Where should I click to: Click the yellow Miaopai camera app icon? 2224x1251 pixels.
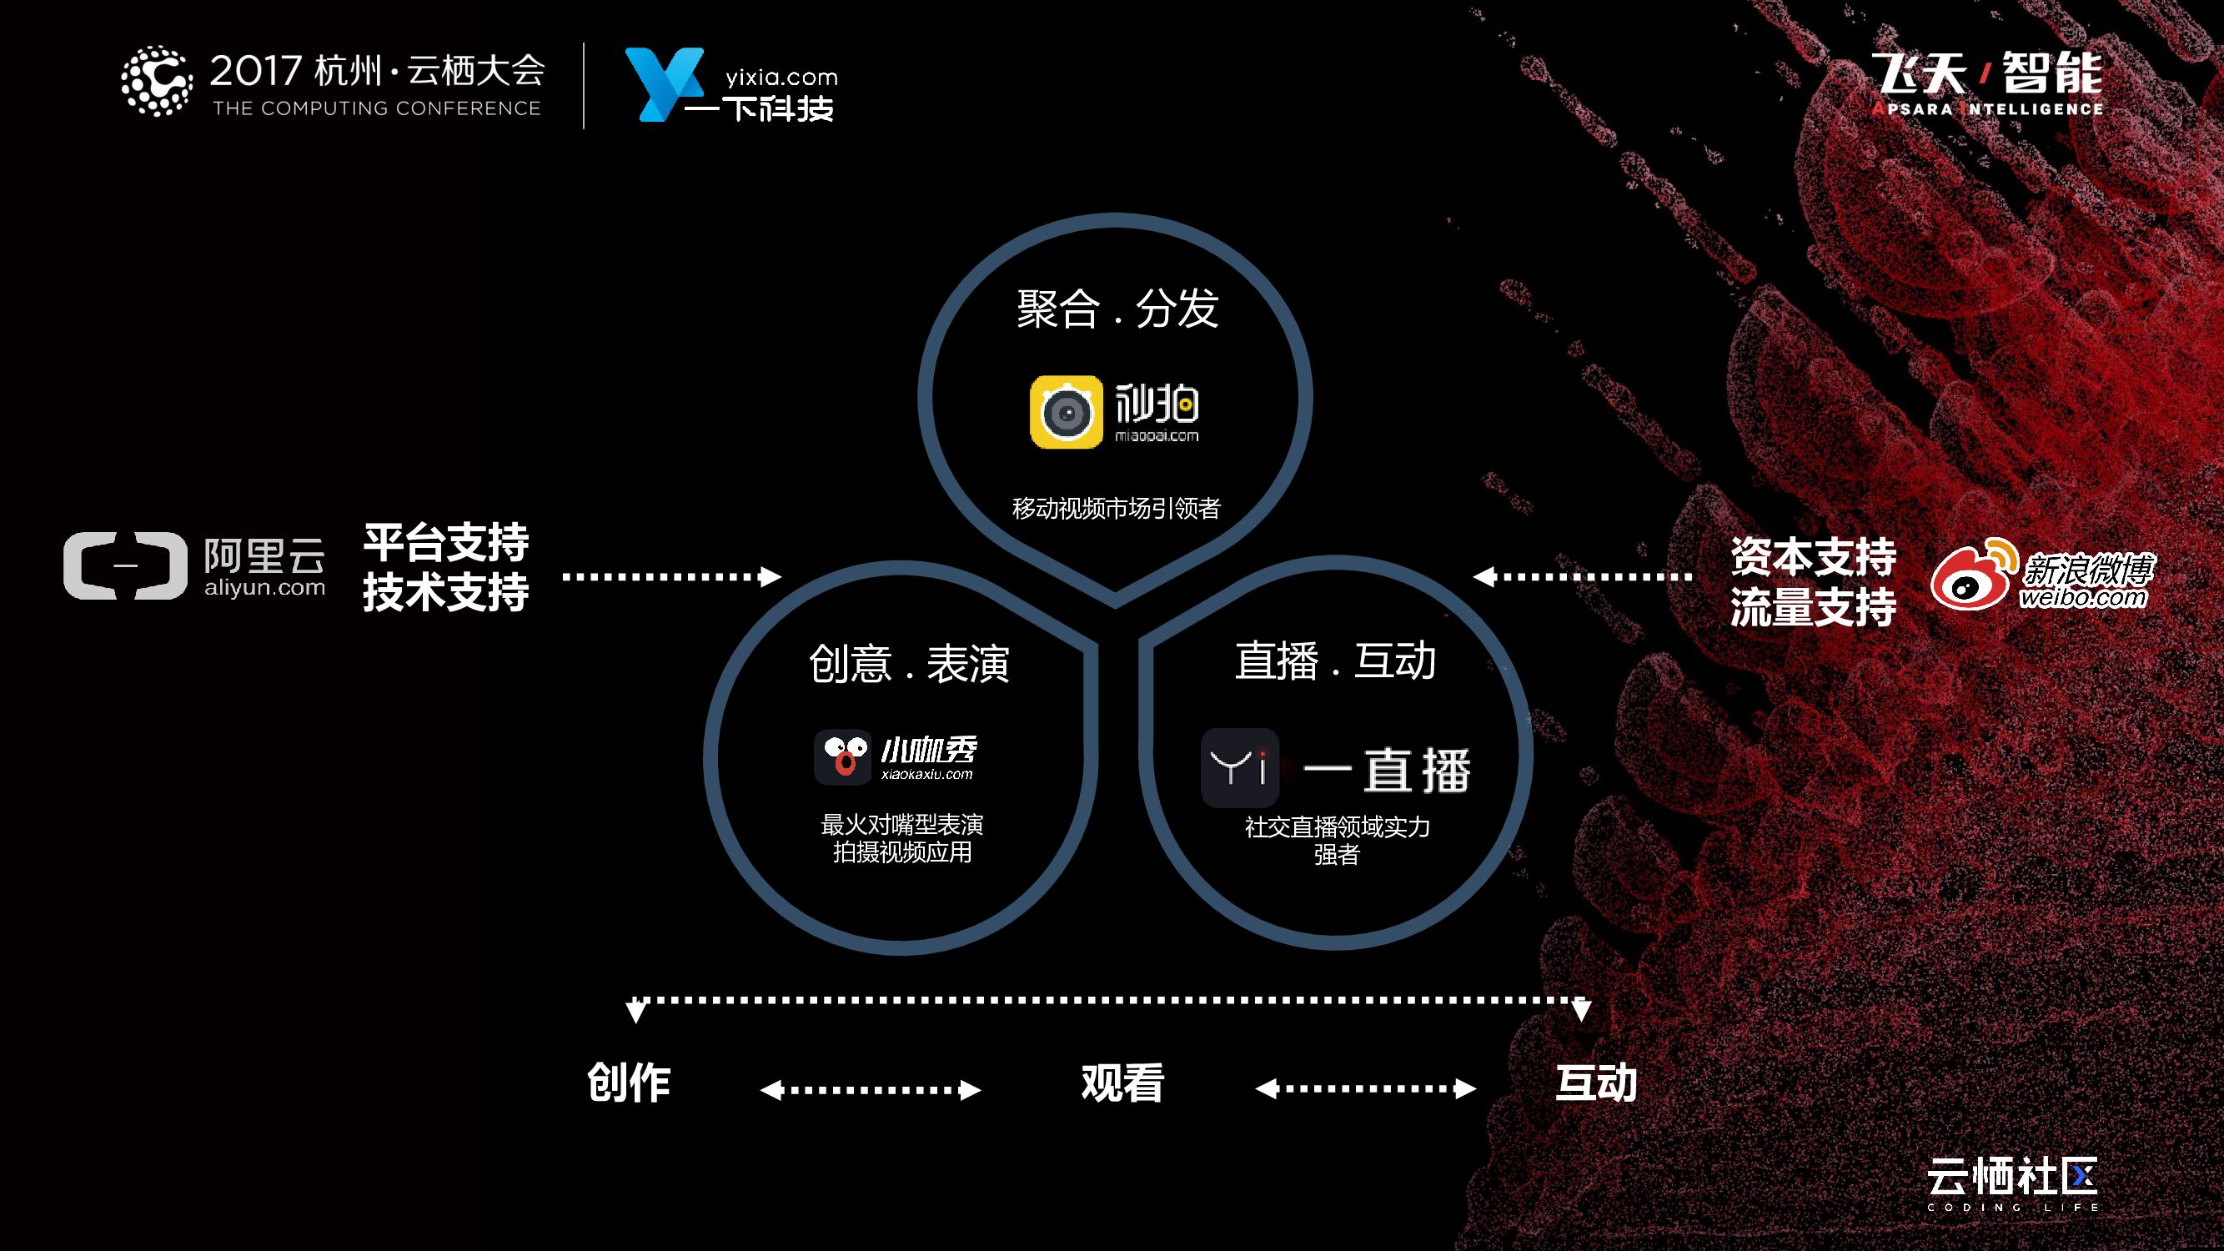[1067, 412]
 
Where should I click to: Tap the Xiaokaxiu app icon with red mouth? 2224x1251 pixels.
[842, 757]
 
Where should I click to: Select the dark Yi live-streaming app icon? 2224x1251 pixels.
[1239, 767]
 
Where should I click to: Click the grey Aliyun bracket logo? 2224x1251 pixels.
[125, 565]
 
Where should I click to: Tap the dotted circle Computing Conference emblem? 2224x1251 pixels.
[156, 81]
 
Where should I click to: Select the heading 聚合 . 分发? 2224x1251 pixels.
[1117, 309]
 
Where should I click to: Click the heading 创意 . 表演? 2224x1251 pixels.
[908, 664]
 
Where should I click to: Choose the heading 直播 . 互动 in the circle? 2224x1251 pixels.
[1335, 661]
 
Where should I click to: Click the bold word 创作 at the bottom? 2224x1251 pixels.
[629, 1083]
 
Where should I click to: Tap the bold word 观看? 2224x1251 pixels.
[1122, 1083]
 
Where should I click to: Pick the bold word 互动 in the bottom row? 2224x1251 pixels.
[1595, 1083]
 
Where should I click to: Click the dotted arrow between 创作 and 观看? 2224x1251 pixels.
[871, 1089]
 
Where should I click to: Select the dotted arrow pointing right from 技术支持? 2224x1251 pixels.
[671, 575]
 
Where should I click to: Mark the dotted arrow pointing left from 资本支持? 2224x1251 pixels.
[1583, 575]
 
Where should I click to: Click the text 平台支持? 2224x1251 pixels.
[445, 543]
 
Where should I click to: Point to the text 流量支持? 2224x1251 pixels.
[1813, 607]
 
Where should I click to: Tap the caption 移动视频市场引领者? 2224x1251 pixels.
[1117, 509]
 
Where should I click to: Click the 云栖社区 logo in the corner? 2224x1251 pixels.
[2011, 1181]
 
